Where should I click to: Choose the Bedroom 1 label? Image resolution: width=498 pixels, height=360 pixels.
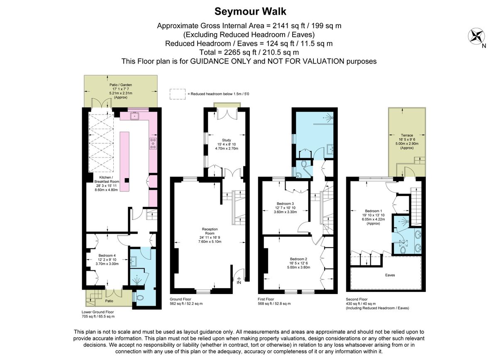[371, 210]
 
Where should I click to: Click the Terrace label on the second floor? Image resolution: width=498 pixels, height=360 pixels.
[407, 135]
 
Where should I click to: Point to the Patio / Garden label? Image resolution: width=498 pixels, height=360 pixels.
[120, 85]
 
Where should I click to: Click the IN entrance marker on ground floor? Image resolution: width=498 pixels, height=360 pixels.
[239, 282]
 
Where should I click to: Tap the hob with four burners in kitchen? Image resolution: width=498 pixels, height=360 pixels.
[153, 143]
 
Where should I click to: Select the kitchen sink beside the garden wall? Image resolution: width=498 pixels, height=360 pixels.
[135, 116]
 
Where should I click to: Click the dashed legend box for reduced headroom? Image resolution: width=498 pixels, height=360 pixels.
[178, 94]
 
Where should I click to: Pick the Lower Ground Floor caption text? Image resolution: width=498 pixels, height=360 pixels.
[98, 311]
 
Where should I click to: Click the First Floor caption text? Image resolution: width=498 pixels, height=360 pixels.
[267, 299]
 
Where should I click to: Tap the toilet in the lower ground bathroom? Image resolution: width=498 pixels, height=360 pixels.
[139, 297]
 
